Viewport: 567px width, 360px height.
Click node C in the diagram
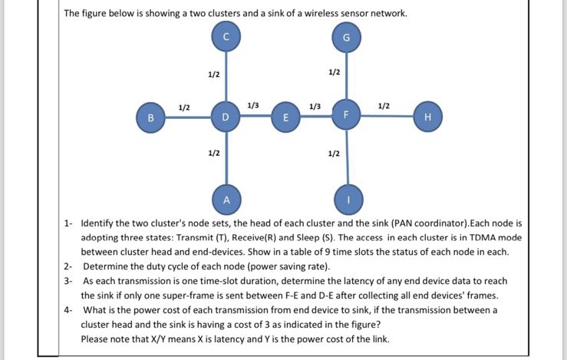pos(226,37)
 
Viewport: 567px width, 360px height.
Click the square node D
pos(226,118)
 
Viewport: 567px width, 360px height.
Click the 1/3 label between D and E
pos(254,104)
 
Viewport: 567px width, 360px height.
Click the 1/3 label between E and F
pos(315,105)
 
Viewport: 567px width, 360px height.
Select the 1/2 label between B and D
pos(184,106)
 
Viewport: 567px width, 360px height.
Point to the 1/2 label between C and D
pos(213,74)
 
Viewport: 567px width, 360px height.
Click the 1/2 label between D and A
pos(213,153)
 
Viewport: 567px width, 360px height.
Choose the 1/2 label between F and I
pos(333,153)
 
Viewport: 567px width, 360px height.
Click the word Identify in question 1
pos(99,225)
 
